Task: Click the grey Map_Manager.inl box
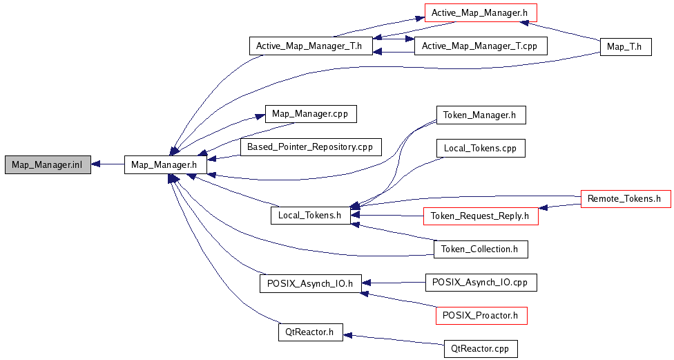(x=48, y=164)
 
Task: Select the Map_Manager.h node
(x=166, y=164)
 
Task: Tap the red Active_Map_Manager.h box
(x=481, y=13)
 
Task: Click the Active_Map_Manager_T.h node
(x=311, y=46)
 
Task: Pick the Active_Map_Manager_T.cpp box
(x=481, y=46)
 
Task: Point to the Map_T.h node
(x=626, y=46)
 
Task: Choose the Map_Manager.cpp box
(x=311, y=114)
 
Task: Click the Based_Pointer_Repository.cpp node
(x=311, y=147)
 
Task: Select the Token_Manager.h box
(x=481, y=115)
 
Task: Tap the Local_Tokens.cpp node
(x=481, y=148)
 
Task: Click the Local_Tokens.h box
(x=310, y=215)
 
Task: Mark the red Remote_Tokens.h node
(x=626, y=199)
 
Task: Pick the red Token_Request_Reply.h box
(x=481, y=216)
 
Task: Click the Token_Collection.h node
(x=481, y=249)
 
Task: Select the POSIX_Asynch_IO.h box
(x=310, y=283)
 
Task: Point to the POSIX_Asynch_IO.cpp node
(x=481, y=282)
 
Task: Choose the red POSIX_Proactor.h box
(x=481, y=315)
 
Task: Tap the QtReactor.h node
(x=310, y=332)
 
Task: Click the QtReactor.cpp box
(x=481, y=348)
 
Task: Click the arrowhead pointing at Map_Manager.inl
(x=96, y=164)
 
